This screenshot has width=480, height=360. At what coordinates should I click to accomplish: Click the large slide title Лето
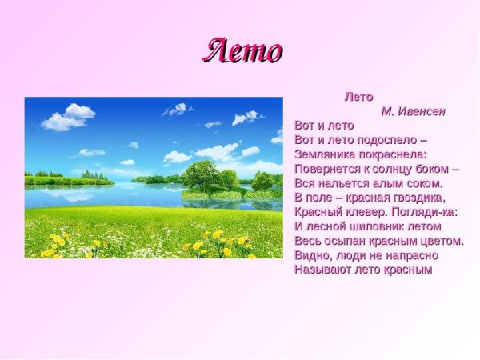(242, 51)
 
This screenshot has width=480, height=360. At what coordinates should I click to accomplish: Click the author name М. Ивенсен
(413, 111)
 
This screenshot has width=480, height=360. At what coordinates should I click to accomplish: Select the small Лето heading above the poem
(358, 97)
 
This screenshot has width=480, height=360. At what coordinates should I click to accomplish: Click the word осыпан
(344, 241)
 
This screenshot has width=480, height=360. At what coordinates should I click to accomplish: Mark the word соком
(424, 183)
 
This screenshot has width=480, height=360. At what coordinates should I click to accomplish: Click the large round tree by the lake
(200, 175)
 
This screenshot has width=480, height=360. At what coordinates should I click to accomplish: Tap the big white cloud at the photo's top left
(69, 117)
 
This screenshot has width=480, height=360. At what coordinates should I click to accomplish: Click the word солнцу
(398, 169)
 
